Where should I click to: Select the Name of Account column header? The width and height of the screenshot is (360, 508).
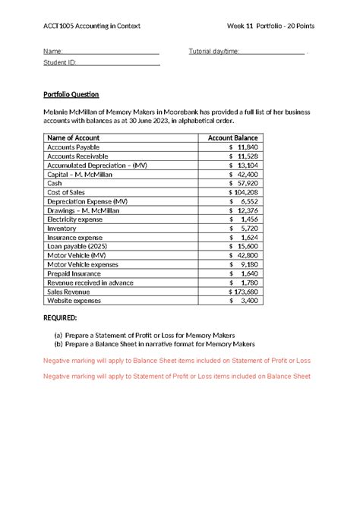pyautogui.click(x=73, y=137)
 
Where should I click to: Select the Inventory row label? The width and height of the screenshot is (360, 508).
pyautogui.click(x=62, y=228)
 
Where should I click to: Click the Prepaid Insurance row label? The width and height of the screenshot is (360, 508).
pyautogui.click(x=75, y=273)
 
